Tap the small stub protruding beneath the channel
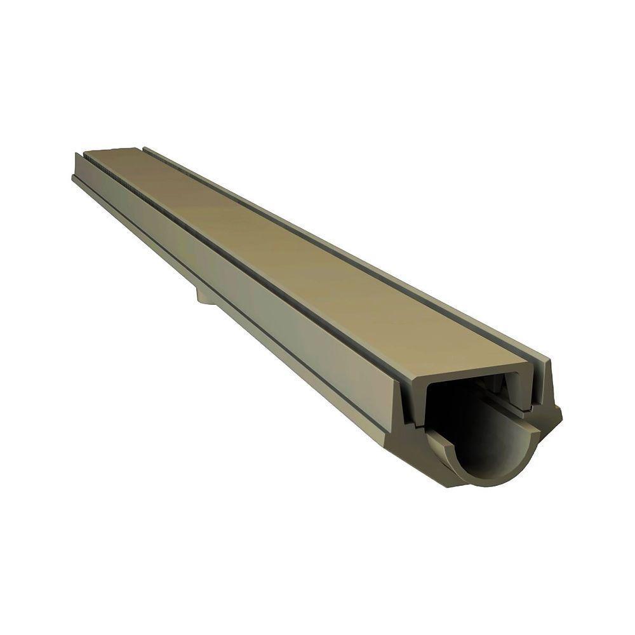coord(204,294)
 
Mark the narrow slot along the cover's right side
coord(356,254)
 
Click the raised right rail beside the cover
coord(381,254)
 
